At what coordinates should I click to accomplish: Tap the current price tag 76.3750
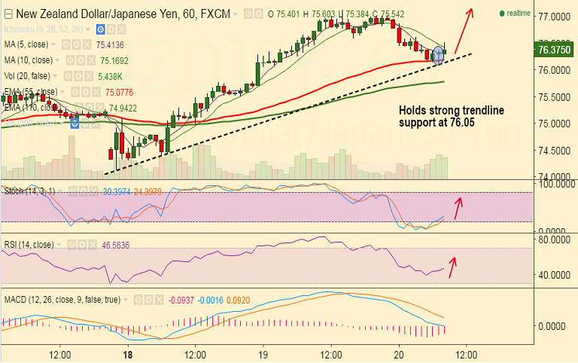[x=552, y=50]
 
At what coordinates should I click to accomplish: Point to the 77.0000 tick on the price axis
[x=552, y=16]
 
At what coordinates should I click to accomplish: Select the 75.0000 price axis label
[x=552, y=124]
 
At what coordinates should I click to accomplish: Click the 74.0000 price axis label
[x=552, y=177]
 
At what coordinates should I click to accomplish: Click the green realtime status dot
[x=501, y=14]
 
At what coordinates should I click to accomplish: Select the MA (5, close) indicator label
[x=29, y=44]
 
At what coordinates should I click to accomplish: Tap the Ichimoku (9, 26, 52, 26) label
[x=47, y=29]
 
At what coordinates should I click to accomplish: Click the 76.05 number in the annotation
[x=460, y=122]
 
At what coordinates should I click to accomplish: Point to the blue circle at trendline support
[x=438, y=55]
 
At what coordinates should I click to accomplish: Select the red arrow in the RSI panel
[x=452, y=266]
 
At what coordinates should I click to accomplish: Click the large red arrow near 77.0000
[x=464, y=29]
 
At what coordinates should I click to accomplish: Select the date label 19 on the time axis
[x=263, y=353]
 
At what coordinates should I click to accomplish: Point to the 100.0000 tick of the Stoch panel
[x=552, y=183]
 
